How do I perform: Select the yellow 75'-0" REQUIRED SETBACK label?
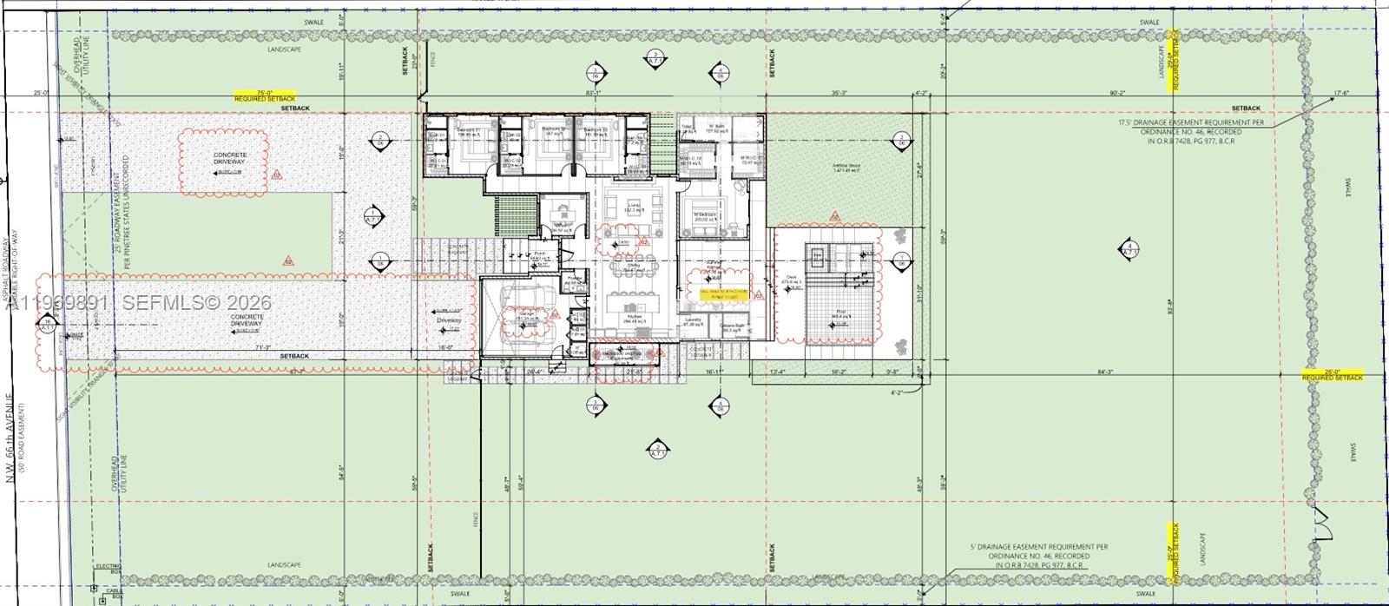point(265,97)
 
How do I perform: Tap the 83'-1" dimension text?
point(594,93)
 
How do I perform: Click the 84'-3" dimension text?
point(1104,373)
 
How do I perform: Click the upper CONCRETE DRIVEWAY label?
point(230,158)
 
